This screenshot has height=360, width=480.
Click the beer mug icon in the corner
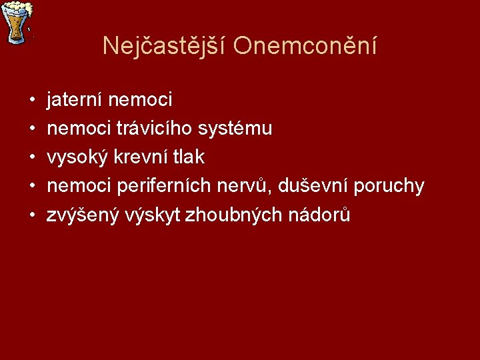[17, 21]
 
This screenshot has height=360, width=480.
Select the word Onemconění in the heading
[305, 46]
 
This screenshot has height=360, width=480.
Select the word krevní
[138, 157]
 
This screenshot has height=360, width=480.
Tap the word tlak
[188, 157]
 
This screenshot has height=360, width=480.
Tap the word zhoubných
[219, 215]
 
